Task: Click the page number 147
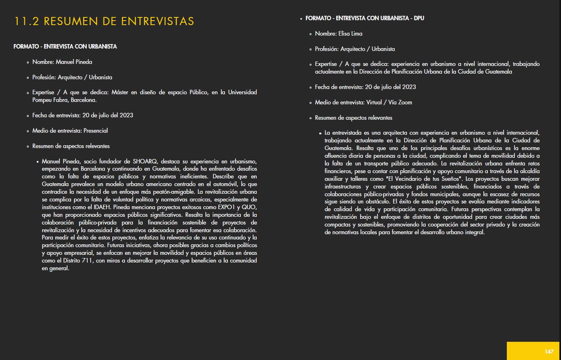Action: [x=548, y=352]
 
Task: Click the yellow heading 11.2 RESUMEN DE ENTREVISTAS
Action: [x=104, y=21]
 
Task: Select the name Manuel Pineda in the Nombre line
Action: [x=74, y=62]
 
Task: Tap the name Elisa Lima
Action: [x=350, y=34]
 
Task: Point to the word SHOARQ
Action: [x=146, y=161]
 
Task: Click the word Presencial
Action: [x=96, y=131]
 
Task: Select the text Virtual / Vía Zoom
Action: [x=389, y=102]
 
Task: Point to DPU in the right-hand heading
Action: [x=419, y=18]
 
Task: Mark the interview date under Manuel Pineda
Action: [x=108, y=115]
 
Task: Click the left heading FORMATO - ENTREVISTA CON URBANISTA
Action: [x=65, y=47]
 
